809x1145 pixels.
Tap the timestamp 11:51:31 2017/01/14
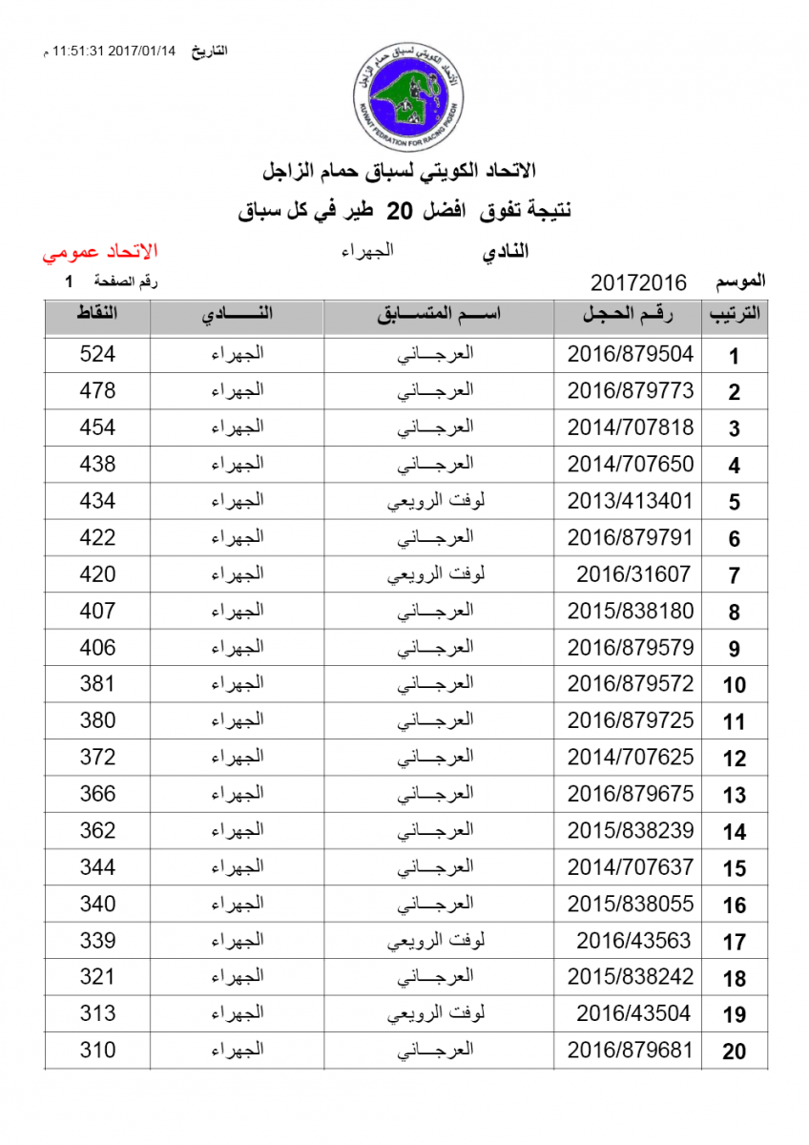(x=116, y=52)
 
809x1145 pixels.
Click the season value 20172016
(x=638, y=282)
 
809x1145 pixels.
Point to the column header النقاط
(x=97, y=315)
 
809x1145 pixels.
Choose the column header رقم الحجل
(x=628, y=315)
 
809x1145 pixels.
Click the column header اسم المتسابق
(x=438, y=315)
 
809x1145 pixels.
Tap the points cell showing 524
(x=97, y=354)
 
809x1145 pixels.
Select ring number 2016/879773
(x=631, y=391)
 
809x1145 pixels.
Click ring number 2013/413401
(x=631, y=501)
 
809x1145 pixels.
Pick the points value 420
(x=97, y=574)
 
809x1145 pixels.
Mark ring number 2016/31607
(x=633, y=574)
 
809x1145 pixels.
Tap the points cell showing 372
(x=97, y=758)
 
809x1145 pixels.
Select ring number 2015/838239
(x=631, y=831)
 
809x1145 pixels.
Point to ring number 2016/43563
(x=633, y=941)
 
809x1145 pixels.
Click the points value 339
(x=97, y=941)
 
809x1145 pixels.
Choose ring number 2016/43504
(x=633, y=1013)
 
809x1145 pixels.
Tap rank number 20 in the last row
(x=734, y=1052)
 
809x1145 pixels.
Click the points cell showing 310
(x=97, y=1051)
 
